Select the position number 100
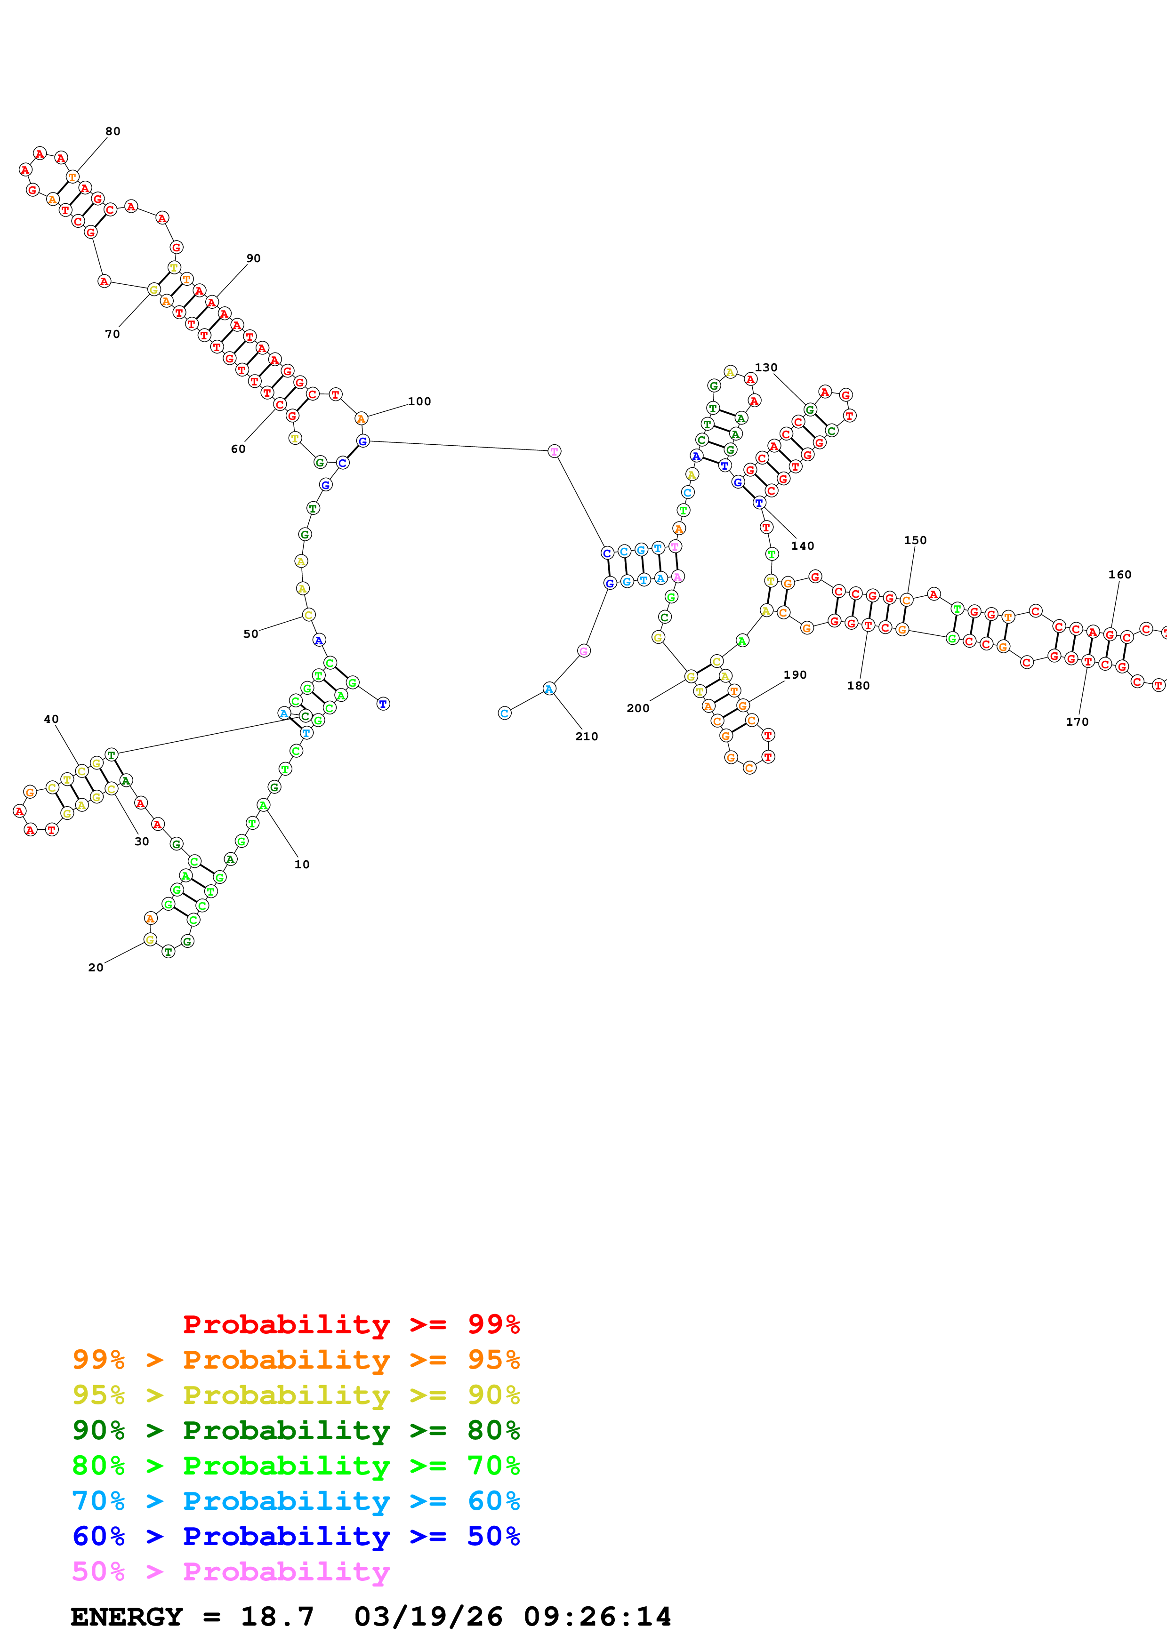[x=419, y=401]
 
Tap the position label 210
[x=587, y=737]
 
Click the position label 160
[x=1119, y=575]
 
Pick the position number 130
[x=766, y=368]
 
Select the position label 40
[x=51, y=719]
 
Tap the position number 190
[x=795, y=674]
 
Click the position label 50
[x=250, y=633]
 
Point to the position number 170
[x=1077, y=722]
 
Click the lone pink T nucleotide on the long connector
[x=554, y=451]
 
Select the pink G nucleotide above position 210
[x=584, y=651]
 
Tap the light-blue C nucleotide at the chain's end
[x=505, y=713]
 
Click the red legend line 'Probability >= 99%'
[x=351, y=1324]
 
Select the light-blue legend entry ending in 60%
[x=296, y=1501]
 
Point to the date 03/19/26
[x=428, y=1617]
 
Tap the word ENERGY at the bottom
[x=127, y=1617]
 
